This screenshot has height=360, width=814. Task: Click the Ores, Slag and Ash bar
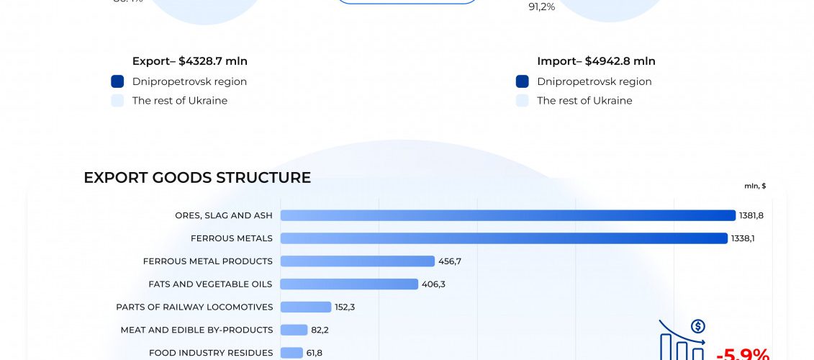508,215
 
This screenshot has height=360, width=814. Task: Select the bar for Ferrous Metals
504,238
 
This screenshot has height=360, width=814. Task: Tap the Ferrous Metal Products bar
358,261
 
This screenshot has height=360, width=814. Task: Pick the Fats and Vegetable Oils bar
349,284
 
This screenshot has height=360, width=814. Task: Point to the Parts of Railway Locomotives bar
306,307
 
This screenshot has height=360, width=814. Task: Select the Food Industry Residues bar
291,353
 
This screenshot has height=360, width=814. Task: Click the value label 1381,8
752,215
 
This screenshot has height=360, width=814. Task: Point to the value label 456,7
450,261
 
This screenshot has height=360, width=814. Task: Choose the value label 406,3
434,284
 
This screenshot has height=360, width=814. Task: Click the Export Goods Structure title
197,178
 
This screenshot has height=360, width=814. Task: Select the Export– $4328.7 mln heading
190,62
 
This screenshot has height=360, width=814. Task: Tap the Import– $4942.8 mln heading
596,62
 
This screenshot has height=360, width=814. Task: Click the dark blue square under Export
118,81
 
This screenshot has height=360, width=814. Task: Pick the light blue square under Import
523,101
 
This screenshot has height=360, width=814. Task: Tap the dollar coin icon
697,327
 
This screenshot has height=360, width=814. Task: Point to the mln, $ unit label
755,186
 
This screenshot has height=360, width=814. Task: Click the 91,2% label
542,7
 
